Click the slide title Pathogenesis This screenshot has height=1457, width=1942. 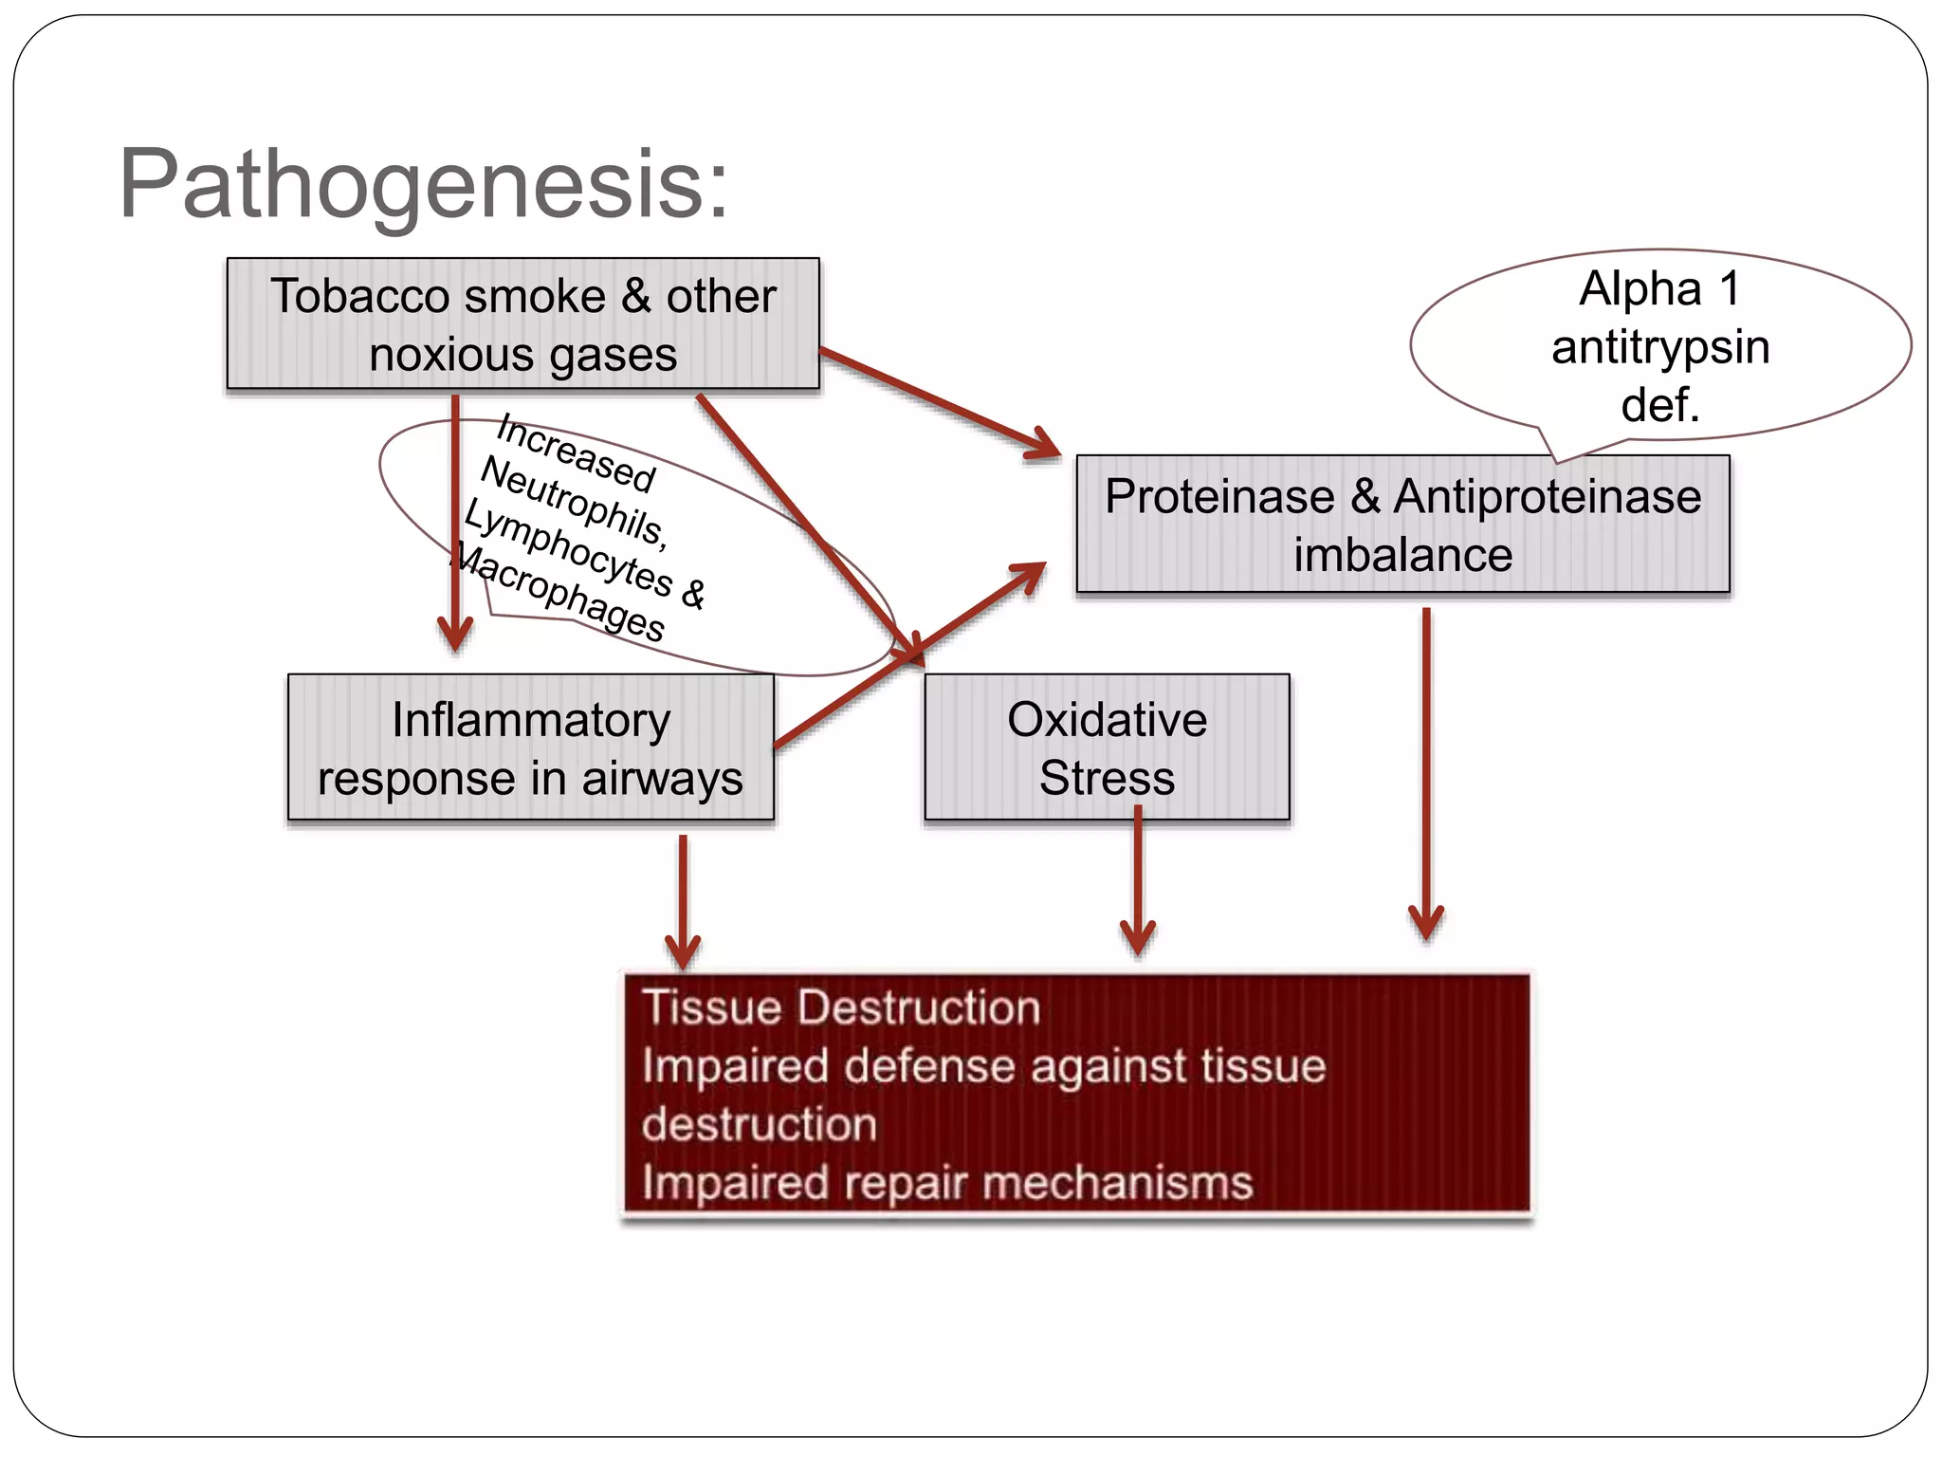pos(424,184)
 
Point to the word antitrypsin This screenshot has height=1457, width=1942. pos(1659,347)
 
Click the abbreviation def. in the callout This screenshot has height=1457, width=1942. pos(1659,405)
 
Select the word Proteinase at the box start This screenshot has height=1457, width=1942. pos(1218,497)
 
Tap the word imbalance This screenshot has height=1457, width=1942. pos(1402,556)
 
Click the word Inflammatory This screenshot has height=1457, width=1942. pos(530,720)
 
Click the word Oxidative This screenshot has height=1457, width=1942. pos(1107,720)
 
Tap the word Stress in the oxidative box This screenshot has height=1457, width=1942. pos(1107,779)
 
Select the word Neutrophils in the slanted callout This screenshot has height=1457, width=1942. pos(573,501)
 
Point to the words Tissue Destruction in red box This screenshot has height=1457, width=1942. pos(840,1007)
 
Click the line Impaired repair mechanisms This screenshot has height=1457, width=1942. pos(946,1183)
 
